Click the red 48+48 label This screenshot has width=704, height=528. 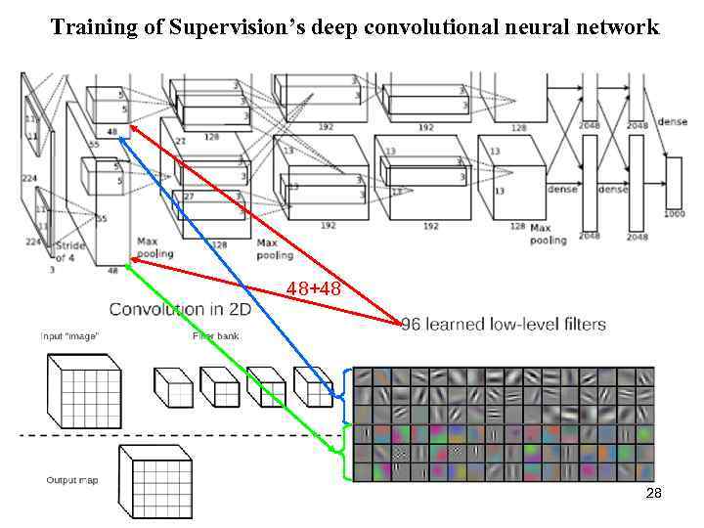pyautogui.click(x=313, y=288)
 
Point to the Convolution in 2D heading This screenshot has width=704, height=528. pyautogui.click(x=180, y=310)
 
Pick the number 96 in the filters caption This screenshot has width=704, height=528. pyautogui.click(x=412, y=325)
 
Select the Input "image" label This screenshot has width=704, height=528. pyautogui.click(x=69, y=336)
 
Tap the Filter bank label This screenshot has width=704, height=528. pyautogui.click(x=215, y=336)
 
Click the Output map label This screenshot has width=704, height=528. pyautogui.click(x=72, y=480)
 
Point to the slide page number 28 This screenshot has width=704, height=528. pyautogui.click(x=654, y=494)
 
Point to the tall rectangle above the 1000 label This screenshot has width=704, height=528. pyautogui.click(x=674, y=181)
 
